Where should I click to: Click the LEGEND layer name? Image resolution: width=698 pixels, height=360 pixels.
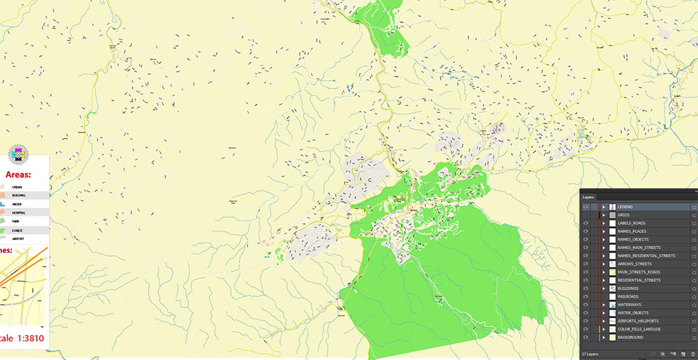[x=625, y=207]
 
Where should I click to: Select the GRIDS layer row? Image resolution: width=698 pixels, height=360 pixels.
[x=623, y=215]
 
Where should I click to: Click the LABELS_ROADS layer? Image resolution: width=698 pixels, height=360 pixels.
[x=631, y=223]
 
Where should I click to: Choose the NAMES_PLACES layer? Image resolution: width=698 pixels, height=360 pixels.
[x=631, y=232]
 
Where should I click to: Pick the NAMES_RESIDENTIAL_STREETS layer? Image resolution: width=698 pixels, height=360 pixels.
[x=646, y=256]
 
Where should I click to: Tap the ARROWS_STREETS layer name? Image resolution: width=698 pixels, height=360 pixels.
[x=634, y=264]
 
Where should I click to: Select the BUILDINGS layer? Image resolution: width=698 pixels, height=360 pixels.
[x=628, y=288]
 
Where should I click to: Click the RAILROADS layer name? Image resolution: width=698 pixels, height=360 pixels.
[x=628, y=297]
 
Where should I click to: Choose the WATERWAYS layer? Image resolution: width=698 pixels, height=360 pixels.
[x=629, y=305]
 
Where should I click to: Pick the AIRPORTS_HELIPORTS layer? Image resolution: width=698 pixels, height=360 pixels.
[x=638, y=321]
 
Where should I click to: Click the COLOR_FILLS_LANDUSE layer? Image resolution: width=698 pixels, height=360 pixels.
[x=639, y=329]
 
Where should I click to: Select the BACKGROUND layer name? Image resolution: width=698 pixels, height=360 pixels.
[x=631, y=337]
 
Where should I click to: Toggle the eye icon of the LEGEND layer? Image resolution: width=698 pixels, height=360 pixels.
[x=585, y=207]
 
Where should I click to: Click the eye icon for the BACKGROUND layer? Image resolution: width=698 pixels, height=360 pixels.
[x=585, y=337]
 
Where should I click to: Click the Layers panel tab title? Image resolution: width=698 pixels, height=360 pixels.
[x=588, y=197]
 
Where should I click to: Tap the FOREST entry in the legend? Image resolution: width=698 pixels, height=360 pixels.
[x=17, y=230]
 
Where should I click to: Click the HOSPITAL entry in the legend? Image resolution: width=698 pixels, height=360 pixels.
[x=18, y=212]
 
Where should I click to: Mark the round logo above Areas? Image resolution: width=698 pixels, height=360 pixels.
[x=17, y=156]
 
